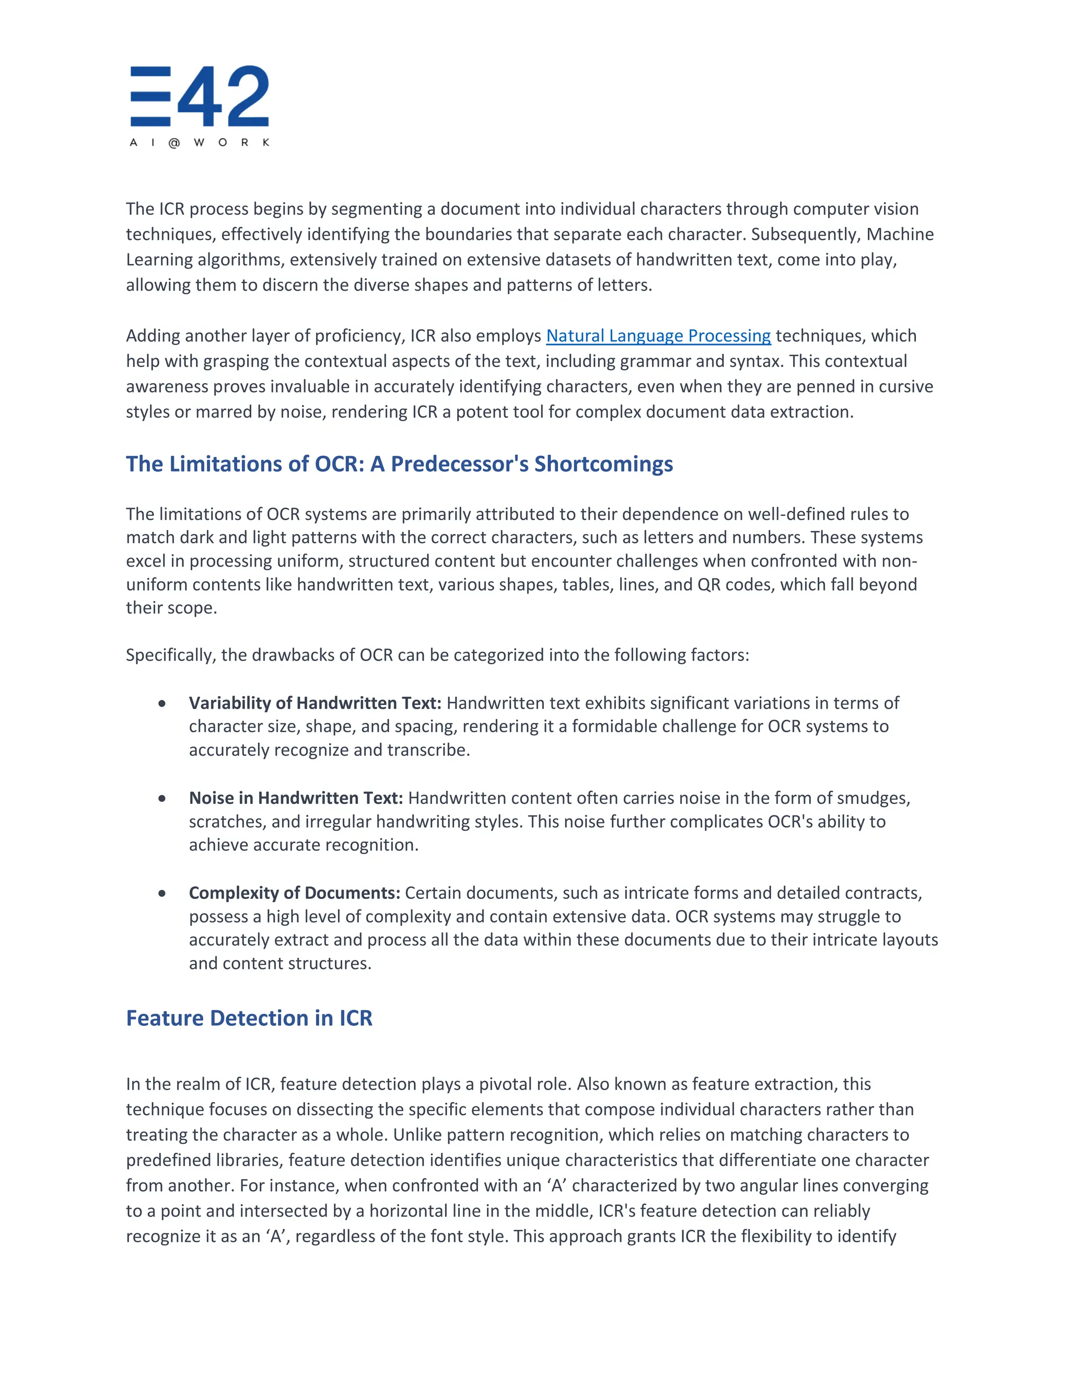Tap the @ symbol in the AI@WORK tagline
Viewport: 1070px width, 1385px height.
(175, 143)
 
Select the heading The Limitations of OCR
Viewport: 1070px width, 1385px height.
(399, 464)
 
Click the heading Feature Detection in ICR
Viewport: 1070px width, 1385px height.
(249, 1018)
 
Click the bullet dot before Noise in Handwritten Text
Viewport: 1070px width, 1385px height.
(162, 799)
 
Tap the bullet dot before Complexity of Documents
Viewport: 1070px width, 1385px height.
(162, 894)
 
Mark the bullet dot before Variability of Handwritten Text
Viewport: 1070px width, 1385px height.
(162, 703)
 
